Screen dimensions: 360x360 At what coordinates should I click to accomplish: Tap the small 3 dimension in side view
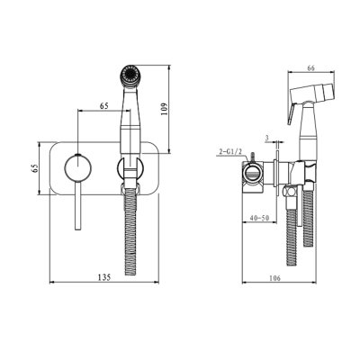point(267,137)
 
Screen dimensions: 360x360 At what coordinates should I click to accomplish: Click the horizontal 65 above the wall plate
point(106,106)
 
